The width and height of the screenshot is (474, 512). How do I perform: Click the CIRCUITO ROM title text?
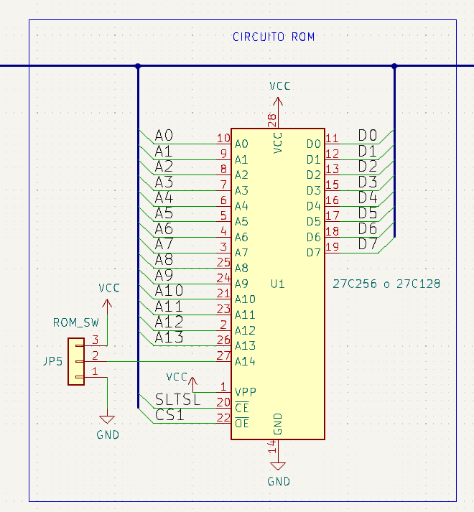tap(274, 37)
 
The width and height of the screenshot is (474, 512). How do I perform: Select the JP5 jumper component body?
tap(76, 361)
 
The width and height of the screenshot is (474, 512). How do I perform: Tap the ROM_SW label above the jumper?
tap(76, 322)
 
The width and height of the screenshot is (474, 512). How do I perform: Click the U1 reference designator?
tap(278, 284)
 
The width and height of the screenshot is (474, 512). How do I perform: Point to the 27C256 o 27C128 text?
tap(386, 284)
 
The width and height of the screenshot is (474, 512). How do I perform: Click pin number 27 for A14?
tap(223, 355)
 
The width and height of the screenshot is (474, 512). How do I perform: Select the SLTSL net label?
tap(177, 400)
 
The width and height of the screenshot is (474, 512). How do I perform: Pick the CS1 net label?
tap(169, 415)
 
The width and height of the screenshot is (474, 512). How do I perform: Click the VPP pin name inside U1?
tap(246, 392)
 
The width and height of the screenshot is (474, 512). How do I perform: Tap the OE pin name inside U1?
tap(242, 424)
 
